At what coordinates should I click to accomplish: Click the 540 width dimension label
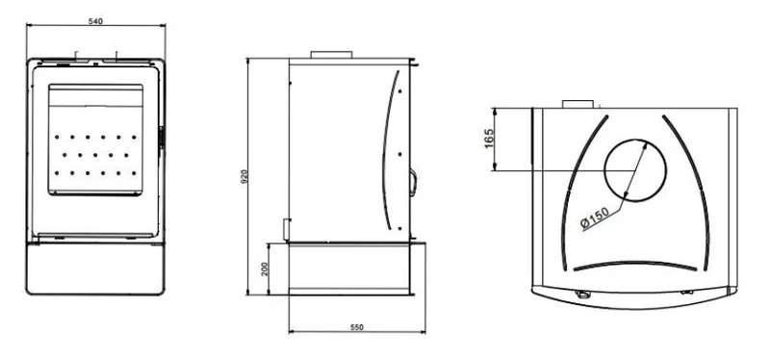(95, 21)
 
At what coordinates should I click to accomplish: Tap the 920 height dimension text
(244, 176)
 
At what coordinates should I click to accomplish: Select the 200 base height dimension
(266, 269)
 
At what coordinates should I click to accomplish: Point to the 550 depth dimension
(357, 327)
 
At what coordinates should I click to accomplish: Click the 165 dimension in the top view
(489, 139)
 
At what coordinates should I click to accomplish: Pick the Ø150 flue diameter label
(595, 219)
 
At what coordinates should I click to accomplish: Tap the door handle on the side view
(413, 182)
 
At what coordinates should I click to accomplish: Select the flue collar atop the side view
(331, 55)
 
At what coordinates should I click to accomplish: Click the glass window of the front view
(95, 140)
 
